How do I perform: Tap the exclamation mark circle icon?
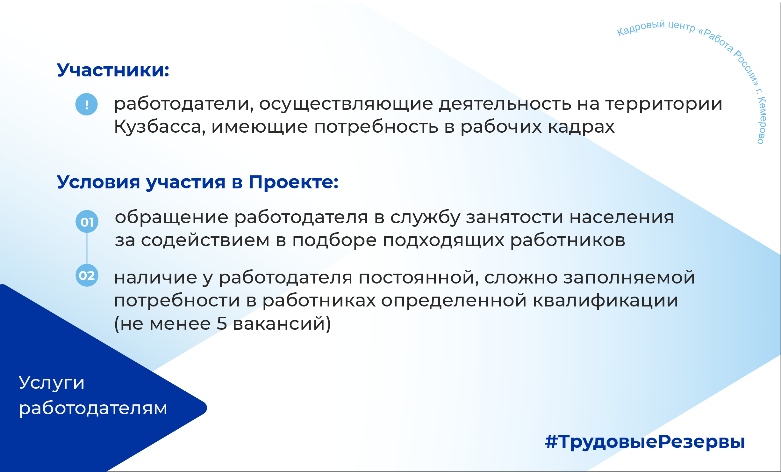click(x=86, y=104)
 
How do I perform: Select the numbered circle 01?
click(x=87, y=222)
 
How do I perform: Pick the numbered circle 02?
click(x=87, y=275)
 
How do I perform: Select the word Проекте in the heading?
click(x=293, y=182)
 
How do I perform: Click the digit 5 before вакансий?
click(x=222, y=323)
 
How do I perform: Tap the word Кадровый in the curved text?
click(x=641, y=28)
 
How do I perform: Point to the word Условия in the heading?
click(x=98, y=183)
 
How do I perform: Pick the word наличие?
click(x=156, y=277)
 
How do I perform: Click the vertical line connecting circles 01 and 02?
click(x=87, y=248)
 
